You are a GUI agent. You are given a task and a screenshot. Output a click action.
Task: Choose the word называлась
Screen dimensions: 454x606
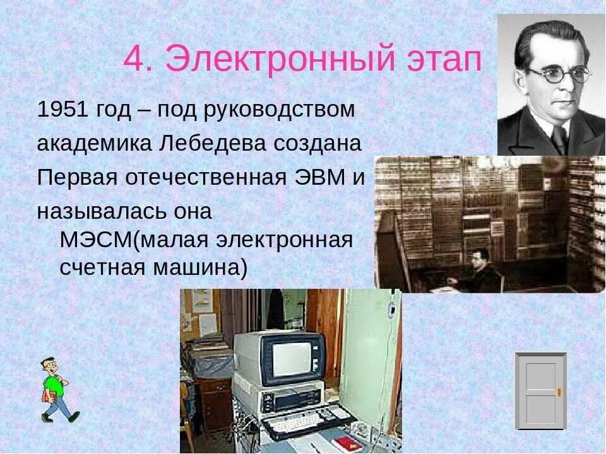100,211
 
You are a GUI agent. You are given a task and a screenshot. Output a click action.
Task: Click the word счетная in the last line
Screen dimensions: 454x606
98,268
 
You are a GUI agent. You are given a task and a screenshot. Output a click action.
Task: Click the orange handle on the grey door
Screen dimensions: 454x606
559,392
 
